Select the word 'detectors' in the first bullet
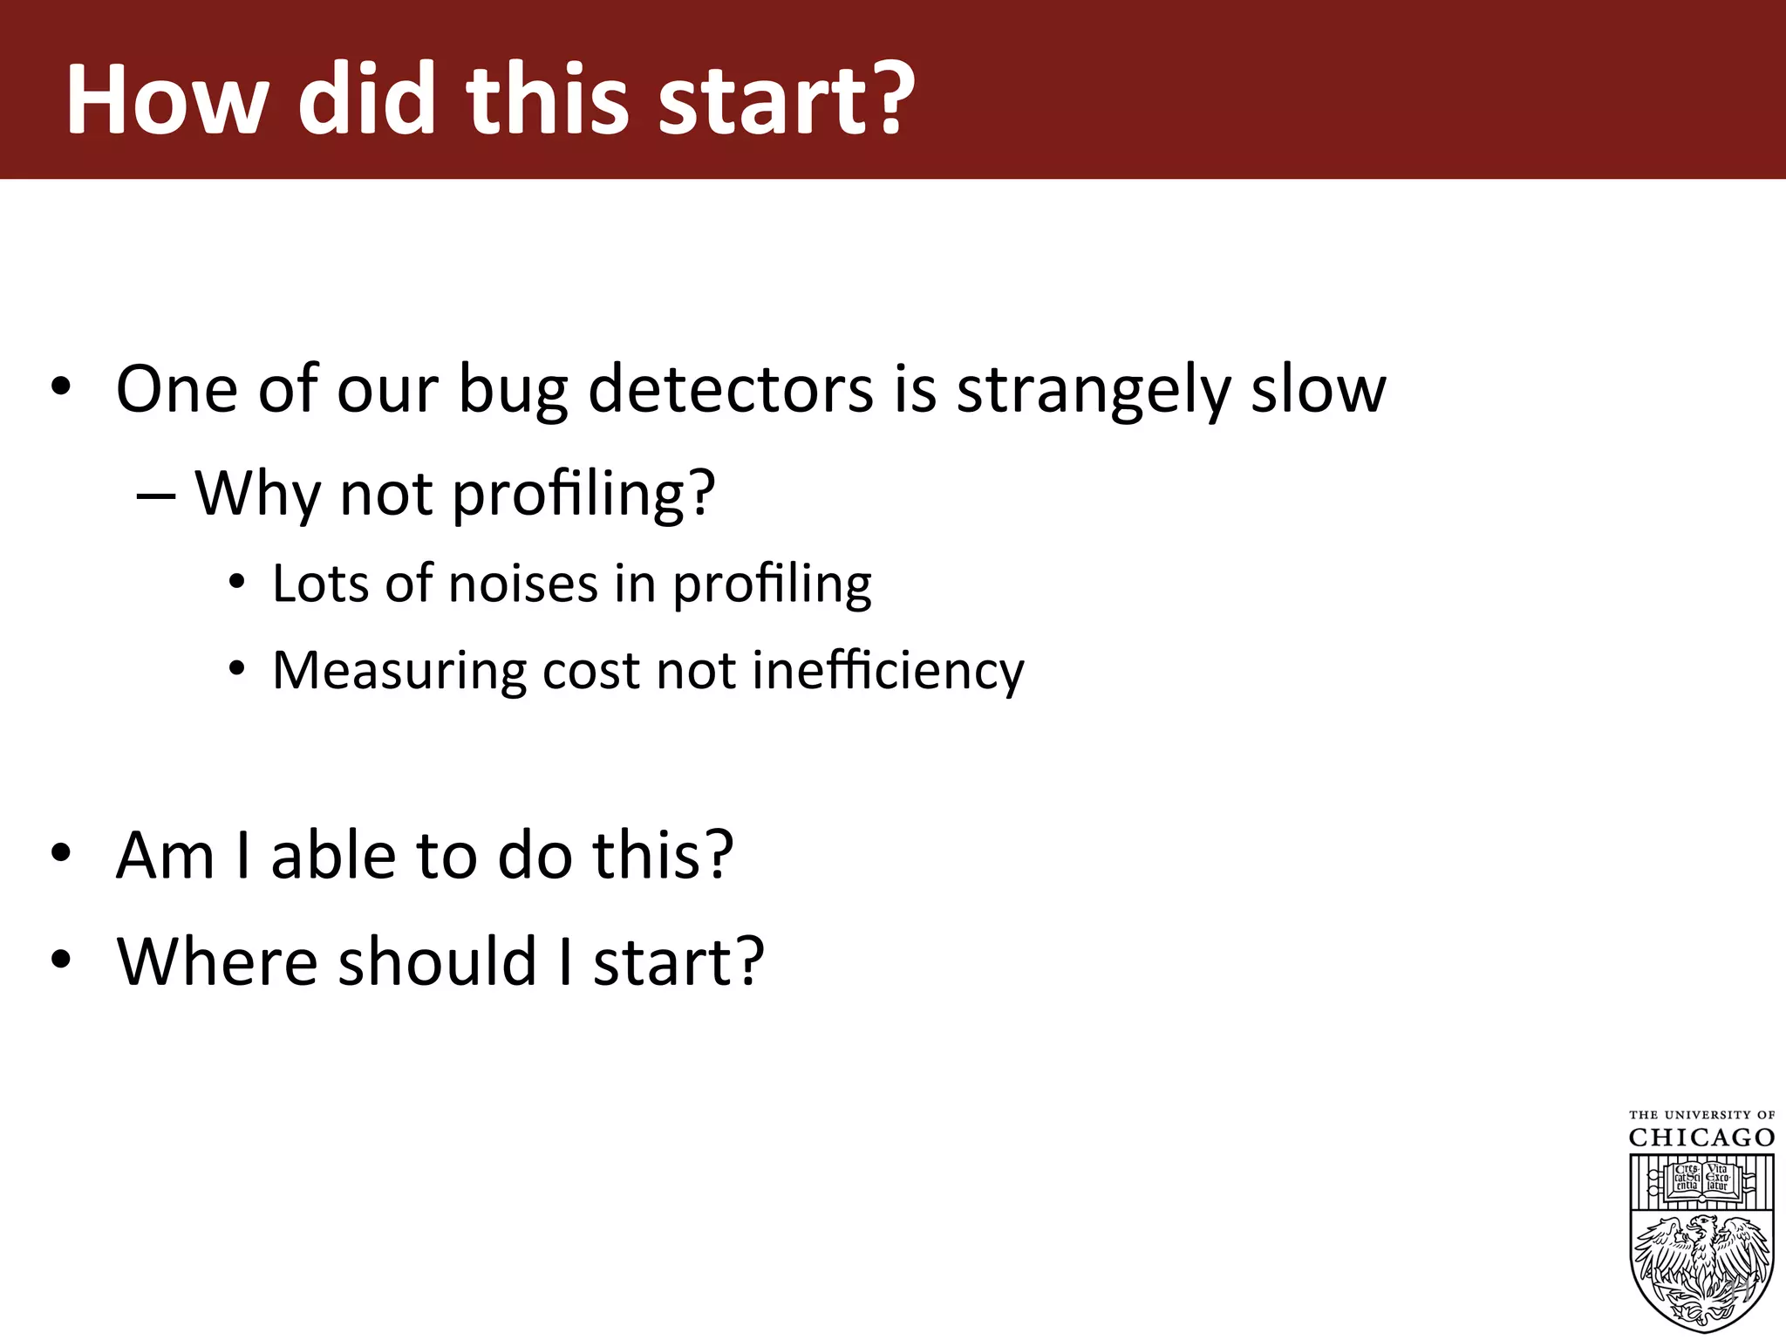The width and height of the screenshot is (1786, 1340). (x=731, y=388)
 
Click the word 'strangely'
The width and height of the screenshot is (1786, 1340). (x=1094, y=390)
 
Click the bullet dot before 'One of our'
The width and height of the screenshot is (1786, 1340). (x=60, y=386)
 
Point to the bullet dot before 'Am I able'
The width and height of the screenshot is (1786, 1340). (x=60, y=853)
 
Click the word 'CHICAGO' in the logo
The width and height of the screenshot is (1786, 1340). (x=1701, y=1138)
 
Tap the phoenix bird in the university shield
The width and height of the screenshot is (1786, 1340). (x=1701, y=1265)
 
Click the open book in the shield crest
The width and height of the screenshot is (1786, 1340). (x=1701, y=1179)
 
